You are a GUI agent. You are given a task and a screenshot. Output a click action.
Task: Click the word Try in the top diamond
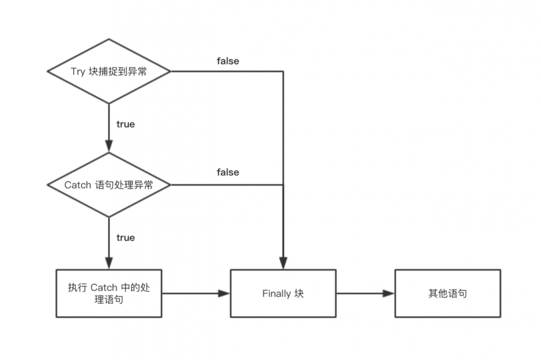click(x=78, y=71)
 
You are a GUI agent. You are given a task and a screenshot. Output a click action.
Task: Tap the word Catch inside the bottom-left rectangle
click(x=104, y=287)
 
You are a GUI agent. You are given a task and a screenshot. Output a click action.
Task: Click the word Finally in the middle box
click(x=276, y=294)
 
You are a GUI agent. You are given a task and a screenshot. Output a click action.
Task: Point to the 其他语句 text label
click(x=447, y=294)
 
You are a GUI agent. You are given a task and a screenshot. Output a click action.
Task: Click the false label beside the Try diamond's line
click(x=228, y=61)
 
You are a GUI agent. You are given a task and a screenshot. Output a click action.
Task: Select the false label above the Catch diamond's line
click(x=228, y=172)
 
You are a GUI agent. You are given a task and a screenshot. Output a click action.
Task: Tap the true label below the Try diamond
click(x=126, y=124)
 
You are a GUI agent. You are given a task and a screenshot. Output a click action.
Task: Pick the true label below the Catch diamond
click(x=126, y=238)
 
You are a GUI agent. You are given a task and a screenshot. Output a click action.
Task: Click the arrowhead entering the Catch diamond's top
click(x=109, y=146)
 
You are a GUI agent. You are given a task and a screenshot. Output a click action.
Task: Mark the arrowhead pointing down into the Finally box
click(x=283, y=263)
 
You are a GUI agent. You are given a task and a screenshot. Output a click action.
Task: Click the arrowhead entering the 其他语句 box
click(x=388, y=293)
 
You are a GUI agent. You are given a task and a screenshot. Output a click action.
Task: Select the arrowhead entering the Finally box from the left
click(x=224, y=293)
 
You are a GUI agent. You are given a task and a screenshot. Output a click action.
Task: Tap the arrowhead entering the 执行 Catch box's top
click(x=109, y=263)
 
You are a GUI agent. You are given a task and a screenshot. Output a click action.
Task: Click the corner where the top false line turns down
click(x=283, y=71)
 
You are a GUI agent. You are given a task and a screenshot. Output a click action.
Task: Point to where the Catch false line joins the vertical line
click(x=283, y=185)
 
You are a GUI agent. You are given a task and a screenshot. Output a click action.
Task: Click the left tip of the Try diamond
click(x=48, y=71)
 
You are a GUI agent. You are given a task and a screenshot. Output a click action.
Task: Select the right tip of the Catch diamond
click(x=170, y=185)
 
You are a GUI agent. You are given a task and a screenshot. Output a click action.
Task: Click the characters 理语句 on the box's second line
click(x=109, y=299)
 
